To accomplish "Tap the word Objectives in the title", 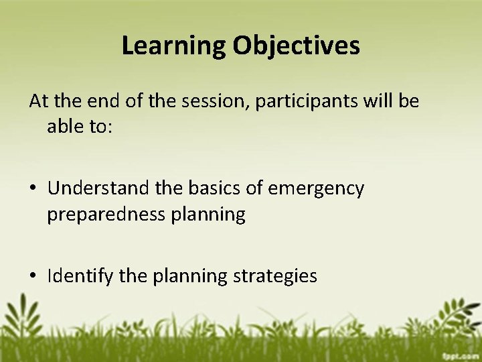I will (297, 46).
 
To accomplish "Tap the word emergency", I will (316, 190).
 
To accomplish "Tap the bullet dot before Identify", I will (33, 276).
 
